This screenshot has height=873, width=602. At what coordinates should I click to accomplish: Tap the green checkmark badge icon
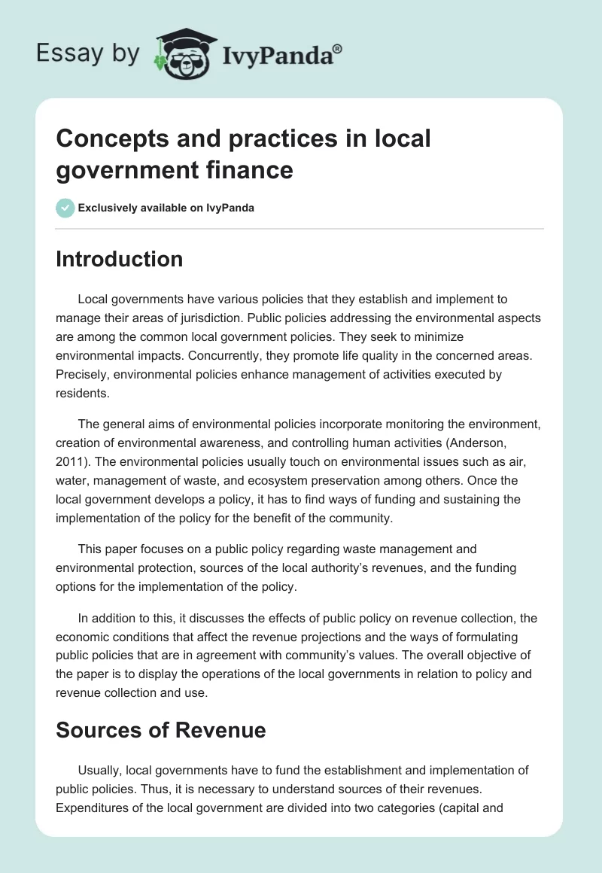[65, 208]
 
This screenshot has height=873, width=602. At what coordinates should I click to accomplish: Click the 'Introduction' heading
[120, 259]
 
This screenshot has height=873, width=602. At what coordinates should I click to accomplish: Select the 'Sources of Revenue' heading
[161, 729]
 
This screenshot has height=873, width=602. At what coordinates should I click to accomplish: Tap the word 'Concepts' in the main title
[105, 138]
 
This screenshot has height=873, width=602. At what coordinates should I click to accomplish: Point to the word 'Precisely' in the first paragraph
[84, 374]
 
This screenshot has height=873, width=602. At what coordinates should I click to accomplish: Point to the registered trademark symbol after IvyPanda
[338, 48]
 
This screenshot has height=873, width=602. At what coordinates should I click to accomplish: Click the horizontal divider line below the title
[299, 228]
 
